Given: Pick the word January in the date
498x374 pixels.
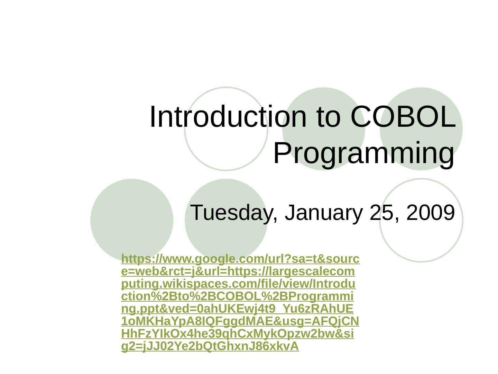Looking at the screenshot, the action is coord(324,213).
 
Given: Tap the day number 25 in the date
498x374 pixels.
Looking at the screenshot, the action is coord(381,212).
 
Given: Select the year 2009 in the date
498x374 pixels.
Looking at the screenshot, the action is coord(431,212).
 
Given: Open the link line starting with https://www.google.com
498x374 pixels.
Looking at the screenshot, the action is coord(240,259).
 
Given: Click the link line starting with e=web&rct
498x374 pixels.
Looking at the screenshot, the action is coord(238,271).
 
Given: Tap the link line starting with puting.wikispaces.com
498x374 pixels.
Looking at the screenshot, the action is coord(238,284).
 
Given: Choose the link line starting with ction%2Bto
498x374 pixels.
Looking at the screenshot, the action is coord(237,296).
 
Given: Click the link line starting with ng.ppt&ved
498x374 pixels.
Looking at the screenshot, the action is coord(237,309).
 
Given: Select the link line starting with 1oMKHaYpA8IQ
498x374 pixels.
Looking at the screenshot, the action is coord(240,322).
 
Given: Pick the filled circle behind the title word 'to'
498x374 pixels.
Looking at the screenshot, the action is coord(324,95).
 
